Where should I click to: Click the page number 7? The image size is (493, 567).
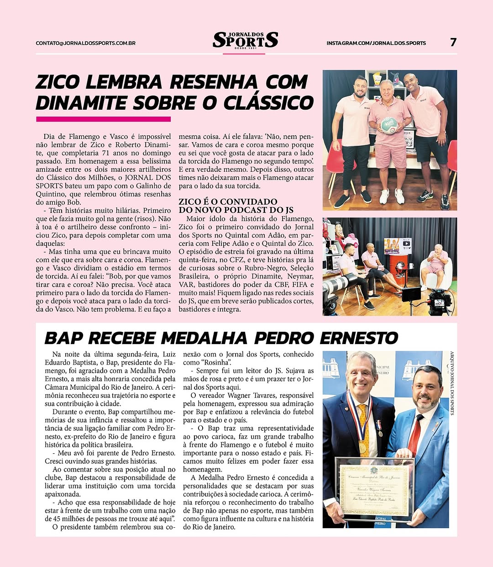point(453,42)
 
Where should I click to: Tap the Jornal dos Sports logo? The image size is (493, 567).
point(245,40)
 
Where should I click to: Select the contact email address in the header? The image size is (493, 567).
point(85,43)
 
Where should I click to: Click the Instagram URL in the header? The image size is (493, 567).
point(376,43)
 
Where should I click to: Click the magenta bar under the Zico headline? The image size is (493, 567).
point(103,119)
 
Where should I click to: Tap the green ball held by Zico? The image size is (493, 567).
point(389,125)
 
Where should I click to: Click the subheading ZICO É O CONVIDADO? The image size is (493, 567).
point(228,202)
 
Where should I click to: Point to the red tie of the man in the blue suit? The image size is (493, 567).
point(414,435)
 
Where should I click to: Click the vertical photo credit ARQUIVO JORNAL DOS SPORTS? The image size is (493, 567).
point(452,383)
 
